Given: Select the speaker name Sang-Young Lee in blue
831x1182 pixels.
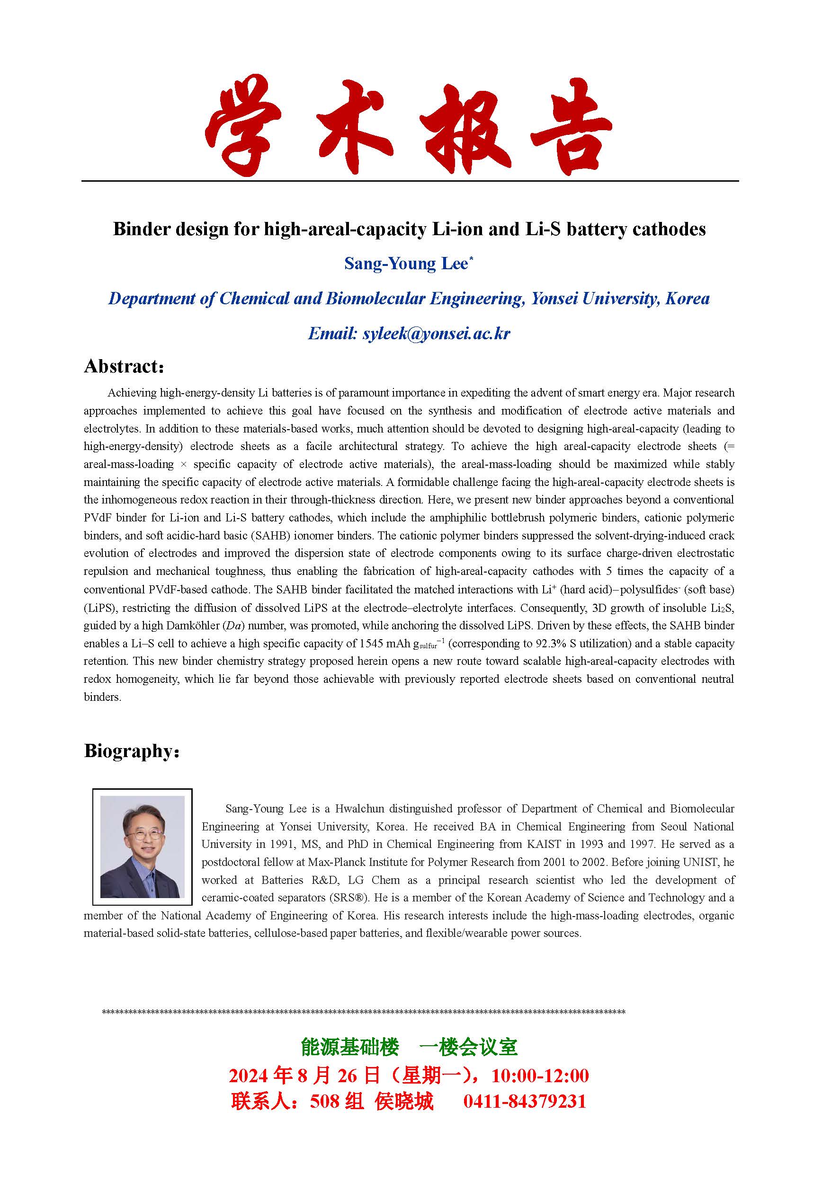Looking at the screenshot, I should [406, 264].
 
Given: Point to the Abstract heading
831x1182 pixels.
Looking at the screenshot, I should [124, 367].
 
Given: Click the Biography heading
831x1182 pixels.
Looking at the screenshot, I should [131, 751].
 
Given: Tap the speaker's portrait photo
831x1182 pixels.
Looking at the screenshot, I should [142, 847].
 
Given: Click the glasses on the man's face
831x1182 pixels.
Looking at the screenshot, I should [142, 833].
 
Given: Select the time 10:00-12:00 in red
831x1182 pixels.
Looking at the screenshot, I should [540, 1076].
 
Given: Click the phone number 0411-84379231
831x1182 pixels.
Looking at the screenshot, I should [525, 1101].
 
